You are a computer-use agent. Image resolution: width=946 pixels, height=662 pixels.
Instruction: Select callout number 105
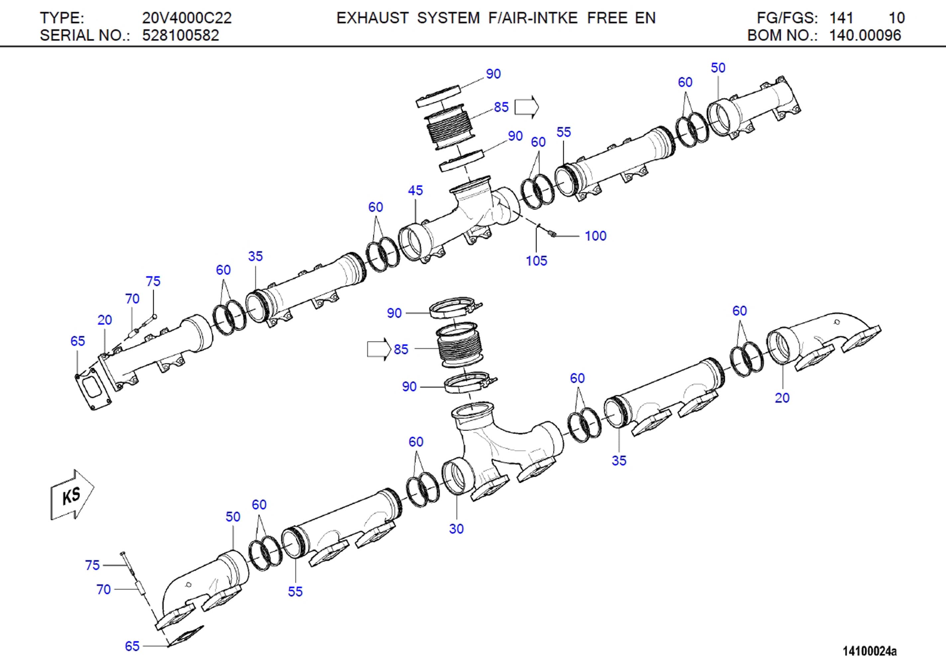point(536,261)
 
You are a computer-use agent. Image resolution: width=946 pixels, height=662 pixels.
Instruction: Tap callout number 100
point(595,236)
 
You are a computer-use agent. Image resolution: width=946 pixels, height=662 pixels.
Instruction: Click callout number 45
point(415,190)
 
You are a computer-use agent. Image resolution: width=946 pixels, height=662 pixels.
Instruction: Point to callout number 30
point(456,529)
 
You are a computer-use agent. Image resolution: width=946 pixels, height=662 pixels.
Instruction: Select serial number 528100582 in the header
point(180,36)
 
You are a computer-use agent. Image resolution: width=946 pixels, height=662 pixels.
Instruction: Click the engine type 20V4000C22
point(187,18)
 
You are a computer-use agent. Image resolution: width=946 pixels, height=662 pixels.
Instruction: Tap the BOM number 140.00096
point(865,36)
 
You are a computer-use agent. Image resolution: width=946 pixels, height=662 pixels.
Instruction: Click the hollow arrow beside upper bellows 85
point(527,107)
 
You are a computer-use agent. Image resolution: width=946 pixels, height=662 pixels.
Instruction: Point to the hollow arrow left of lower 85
point(379,349)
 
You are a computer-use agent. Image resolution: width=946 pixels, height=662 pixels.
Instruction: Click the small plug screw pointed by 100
point(552,234)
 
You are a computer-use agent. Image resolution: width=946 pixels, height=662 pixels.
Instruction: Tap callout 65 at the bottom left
point(132,646)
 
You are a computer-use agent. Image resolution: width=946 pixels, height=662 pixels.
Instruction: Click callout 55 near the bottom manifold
point(295,591)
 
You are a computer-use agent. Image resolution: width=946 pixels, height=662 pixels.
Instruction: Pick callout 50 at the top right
point(718,68)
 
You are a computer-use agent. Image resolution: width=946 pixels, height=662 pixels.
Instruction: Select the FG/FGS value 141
point(841,18)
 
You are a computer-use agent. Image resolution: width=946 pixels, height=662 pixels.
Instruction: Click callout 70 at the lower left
point(103,589)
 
